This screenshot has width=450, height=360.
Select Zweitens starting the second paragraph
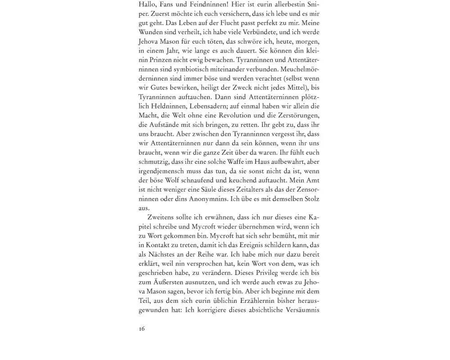[162, 217]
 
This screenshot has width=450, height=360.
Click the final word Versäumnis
[302, 310]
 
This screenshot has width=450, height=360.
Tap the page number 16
[142, 329]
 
